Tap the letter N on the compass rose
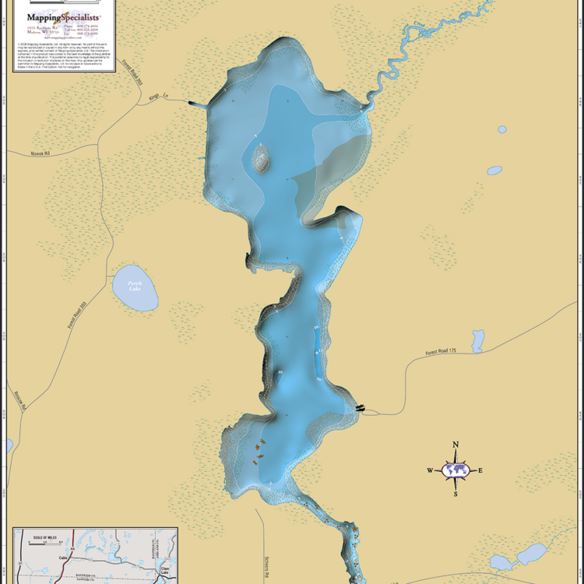tap(456, 445)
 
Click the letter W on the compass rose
tap(429, 470)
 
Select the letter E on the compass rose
tap(480, 470)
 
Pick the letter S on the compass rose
tap(456, 494)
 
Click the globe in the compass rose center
tap(456, 470)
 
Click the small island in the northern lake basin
tap(261, 159)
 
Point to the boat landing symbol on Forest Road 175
tap(360, 407)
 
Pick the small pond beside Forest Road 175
tap(478, 340)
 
